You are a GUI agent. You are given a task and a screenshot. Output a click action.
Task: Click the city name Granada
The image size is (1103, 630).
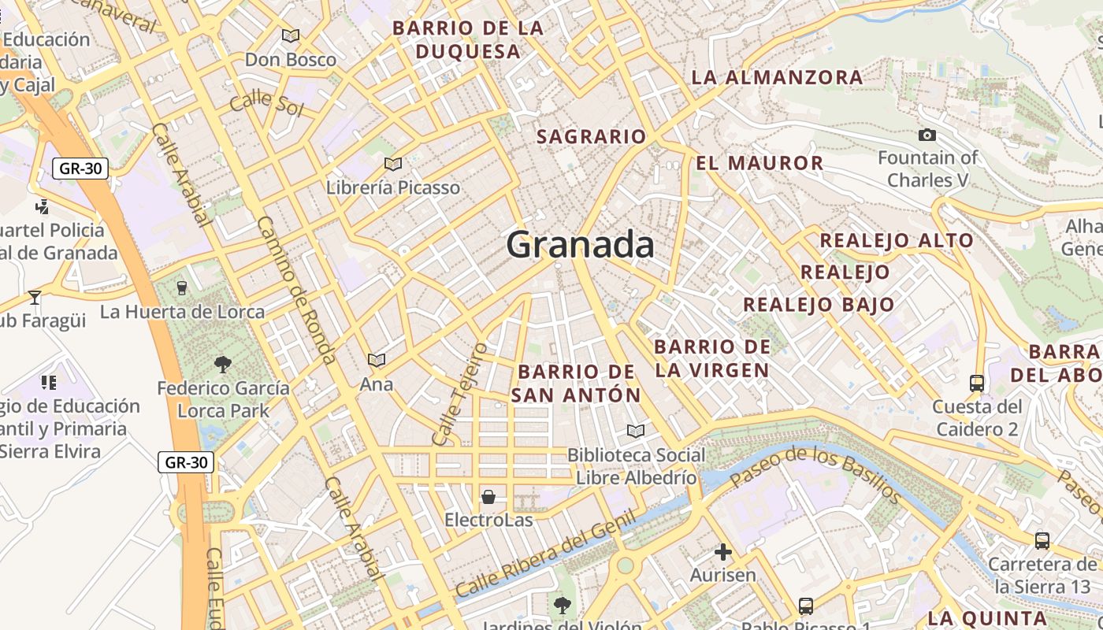coord(580,245)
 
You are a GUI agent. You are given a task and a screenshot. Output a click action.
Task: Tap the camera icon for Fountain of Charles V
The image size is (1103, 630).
coord(927,135)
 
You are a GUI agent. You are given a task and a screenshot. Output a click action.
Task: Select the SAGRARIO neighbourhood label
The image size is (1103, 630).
coord(591,136)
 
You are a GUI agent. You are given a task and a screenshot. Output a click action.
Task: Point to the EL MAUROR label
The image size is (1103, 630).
coord(759,163)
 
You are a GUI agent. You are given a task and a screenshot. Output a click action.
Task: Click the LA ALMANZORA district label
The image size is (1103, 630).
coord(777,77)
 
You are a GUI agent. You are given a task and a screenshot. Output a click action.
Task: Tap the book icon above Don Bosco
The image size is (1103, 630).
coord(291,35)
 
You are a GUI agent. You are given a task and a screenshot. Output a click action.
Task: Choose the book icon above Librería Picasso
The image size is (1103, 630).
coord(392,164)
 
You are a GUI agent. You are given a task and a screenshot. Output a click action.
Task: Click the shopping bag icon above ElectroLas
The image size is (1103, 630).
coord(488,497)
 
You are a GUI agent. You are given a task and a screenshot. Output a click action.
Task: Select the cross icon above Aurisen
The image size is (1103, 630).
coord(722,552)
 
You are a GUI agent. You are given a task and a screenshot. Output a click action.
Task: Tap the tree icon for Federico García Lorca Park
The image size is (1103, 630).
coord(223,365)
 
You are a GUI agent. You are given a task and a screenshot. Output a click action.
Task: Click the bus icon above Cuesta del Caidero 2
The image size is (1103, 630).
coord(977,384)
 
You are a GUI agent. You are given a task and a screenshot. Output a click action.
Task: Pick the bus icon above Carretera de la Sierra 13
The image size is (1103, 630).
coord(1042,541)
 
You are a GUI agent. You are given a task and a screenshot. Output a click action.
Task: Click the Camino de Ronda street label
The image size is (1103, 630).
coord(296,290)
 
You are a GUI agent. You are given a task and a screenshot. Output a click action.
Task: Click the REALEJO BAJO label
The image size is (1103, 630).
coord(819,305)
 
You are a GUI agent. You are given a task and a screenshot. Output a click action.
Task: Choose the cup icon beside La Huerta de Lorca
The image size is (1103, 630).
coord(182,288)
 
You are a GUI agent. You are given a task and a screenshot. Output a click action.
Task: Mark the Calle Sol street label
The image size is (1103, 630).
coord(266,102)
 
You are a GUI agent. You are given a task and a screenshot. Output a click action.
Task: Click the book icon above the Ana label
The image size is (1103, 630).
coord(377,360)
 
